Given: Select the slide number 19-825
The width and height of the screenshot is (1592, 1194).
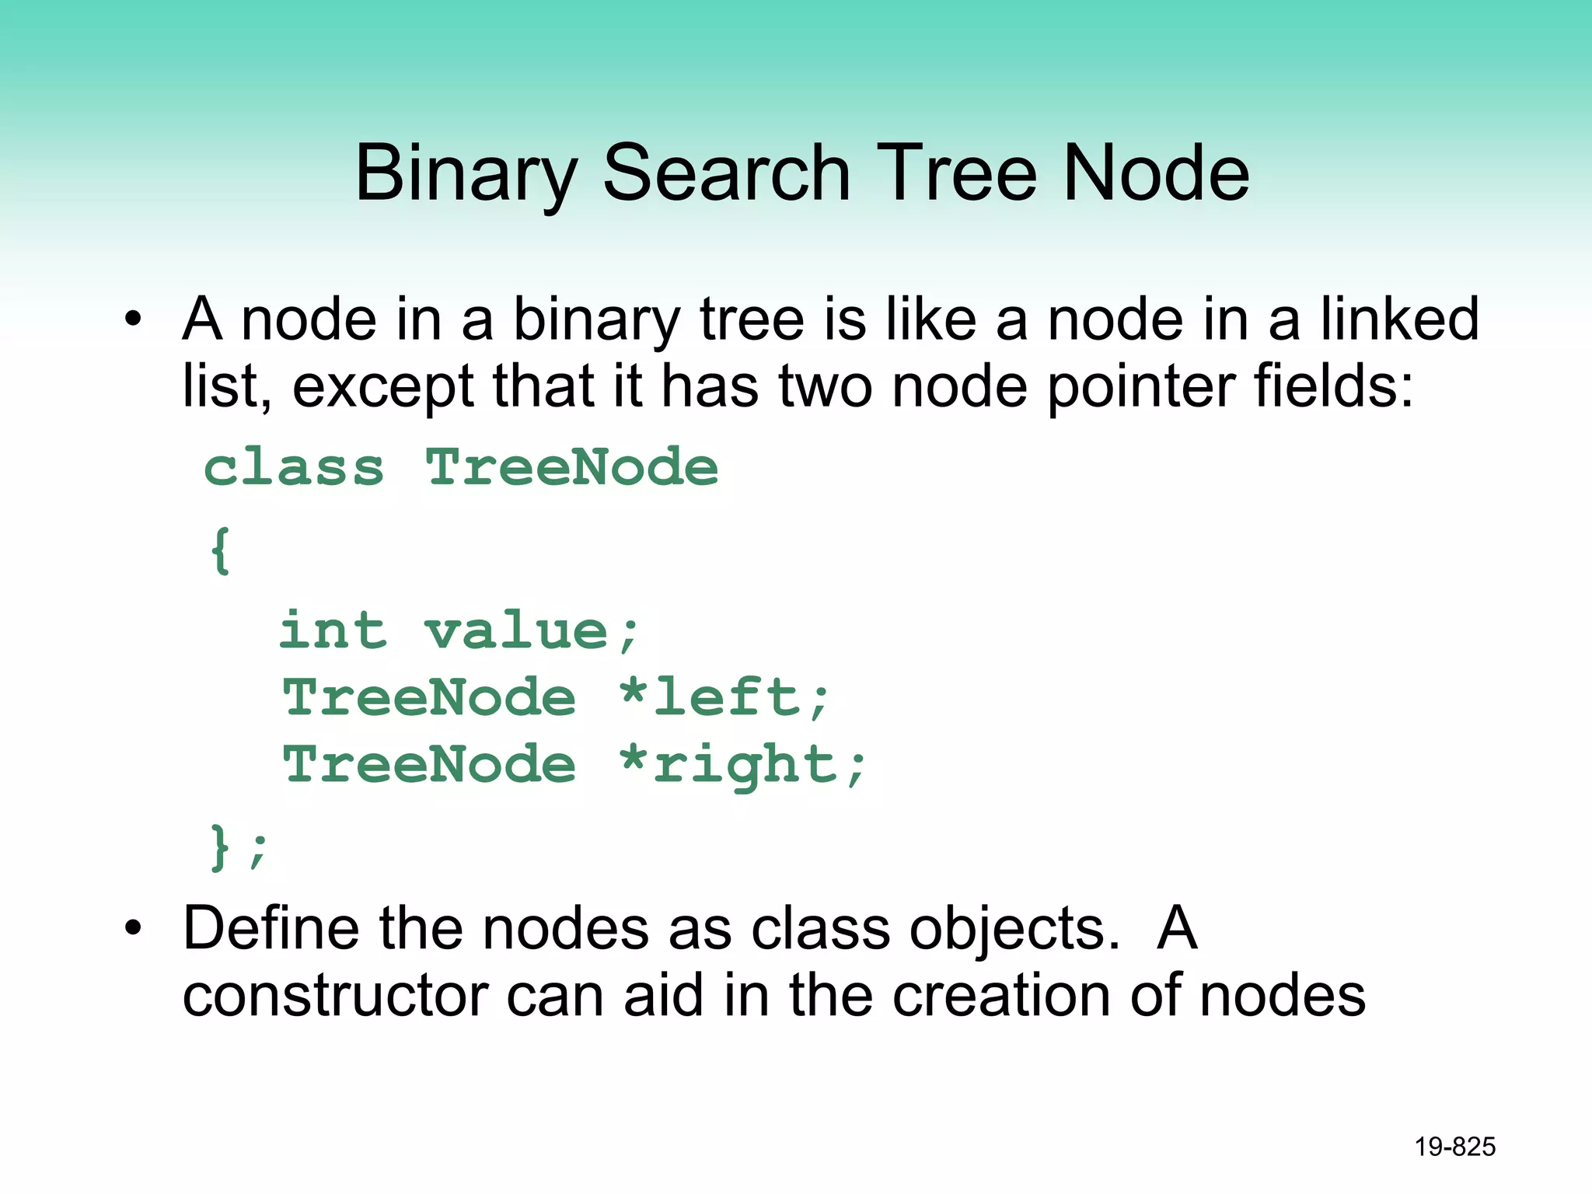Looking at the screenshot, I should tap(1454, 1147).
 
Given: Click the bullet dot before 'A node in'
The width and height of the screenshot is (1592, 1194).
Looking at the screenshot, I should tap(134, 319).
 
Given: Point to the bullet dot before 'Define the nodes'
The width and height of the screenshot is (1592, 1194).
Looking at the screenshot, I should tap(134, 928).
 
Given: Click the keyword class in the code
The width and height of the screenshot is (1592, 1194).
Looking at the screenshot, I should tap(294, 468).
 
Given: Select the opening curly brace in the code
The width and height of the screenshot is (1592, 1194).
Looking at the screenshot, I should tap(221, 550).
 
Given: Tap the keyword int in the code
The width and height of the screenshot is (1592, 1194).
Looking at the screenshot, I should tap(333, 630).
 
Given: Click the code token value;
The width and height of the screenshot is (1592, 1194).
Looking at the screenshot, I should tap(532, 630).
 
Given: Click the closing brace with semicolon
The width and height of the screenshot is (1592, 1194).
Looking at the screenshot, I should tap(238, 847).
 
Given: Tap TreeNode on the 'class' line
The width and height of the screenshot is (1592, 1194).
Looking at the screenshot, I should tap(572, 468).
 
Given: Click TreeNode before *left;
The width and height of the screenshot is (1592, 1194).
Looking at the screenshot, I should tap(429, 697).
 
